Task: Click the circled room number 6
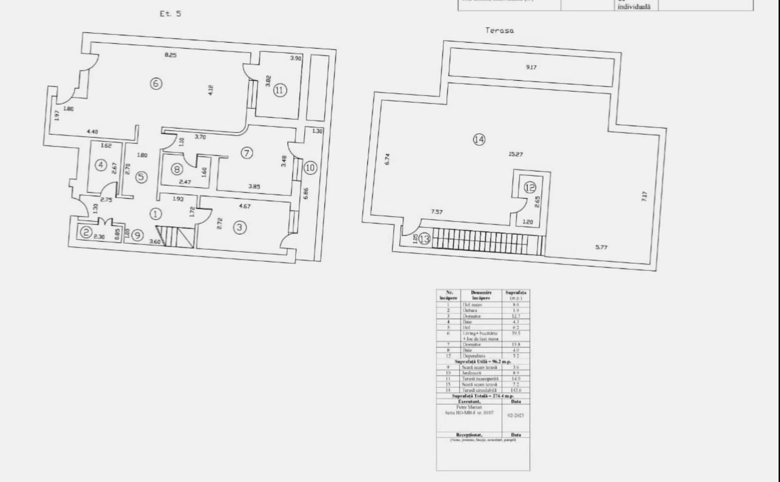pos(156,84)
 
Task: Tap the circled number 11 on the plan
pos(280,90)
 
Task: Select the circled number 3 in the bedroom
pos(240,227)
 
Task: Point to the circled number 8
pos(177,169)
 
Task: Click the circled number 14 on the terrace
pos(479,139)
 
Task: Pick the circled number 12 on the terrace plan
pos(530,187)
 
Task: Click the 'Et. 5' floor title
pos(171,14)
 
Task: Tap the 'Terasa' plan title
pos(500,31)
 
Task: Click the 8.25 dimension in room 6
pos(171,55)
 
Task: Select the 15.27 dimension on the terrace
pos(516,154)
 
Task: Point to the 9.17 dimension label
pos(531,67)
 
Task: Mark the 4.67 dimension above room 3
pos(245,206)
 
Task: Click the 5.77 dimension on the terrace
pos(601,247)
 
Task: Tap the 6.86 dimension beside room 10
pos(306,193)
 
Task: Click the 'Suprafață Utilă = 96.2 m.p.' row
pos(483,362)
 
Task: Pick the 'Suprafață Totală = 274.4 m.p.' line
pos(483,396)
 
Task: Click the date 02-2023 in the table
pos(515,416)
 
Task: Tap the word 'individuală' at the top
pos(634,7)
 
